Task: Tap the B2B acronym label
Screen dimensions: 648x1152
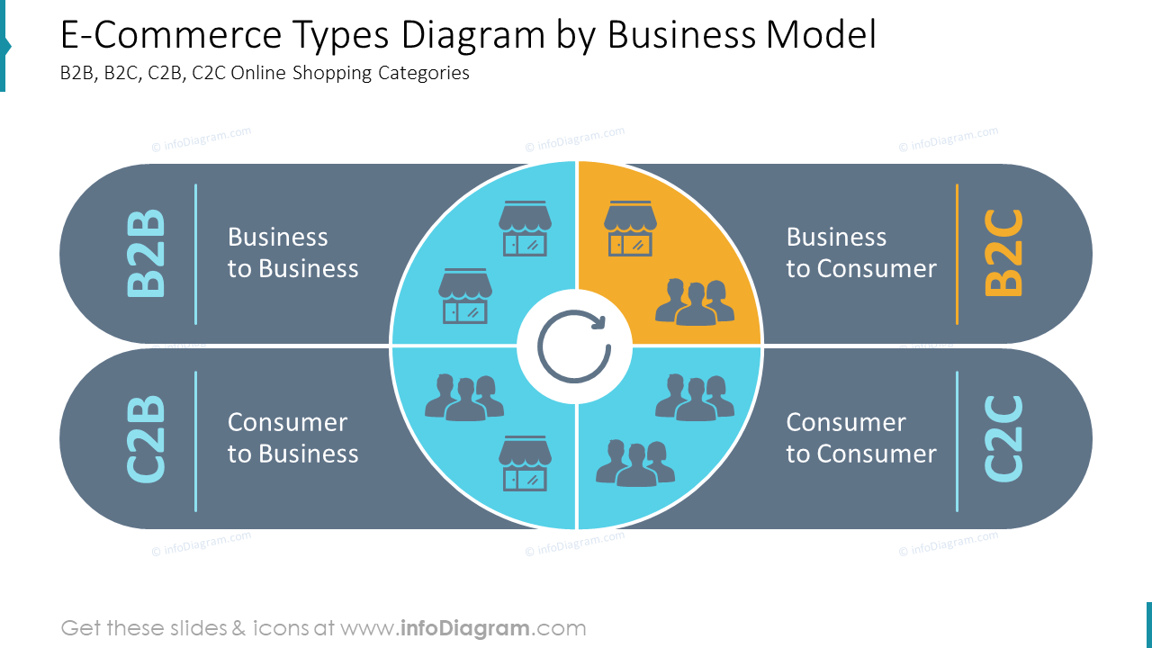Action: tap(147, 253)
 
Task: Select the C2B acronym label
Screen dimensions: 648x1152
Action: tap(147, 438)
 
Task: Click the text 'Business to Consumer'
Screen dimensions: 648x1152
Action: tap(860, 253)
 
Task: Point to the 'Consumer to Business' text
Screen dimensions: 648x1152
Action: tap(292, 438)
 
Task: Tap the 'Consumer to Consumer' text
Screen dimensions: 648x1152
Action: tap(860, 438)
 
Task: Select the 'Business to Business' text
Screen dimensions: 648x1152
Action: tap(292, 253)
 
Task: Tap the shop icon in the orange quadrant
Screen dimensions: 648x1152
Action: tap(630, 229)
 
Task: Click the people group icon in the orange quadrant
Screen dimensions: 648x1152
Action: tap(694, 301)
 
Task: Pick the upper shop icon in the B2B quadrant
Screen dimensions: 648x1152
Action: tap(525, 229)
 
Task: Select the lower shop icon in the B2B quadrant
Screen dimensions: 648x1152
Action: tap(465, 296)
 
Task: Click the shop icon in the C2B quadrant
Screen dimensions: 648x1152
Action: tap(525, 464)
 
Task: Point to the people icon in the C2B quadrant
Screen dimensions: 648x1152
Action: tap(464, 397)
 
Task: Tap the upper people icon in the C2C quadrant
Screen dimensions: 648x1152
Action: tap(694, 397)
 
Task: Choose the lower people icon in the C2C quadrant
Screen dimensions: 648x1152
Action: tap(635, 463)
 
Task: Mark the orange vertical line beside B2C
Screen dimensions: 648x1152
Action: tap(957, 254)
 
